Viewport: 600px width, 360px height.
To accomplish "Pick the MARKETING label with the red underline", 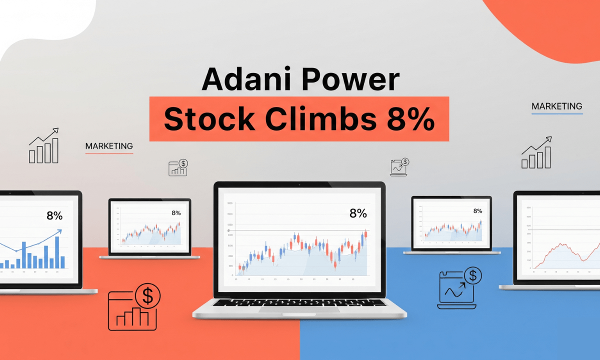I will [x=109, y=146].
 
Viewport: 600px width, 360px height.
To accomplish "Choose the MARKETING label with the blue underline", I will [x=556, y=106].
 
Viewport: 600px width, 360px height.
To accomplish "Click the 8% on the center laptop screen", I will [x=358, y=213].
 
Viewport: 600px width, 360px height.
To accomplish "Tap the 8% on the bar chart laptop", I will [x=54, y=216].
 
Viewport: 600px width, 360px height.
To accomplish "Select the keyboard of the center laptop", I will [x=299, y=302].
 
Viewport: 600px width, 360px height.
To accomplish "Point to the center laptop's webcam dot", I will [x=299, y=184].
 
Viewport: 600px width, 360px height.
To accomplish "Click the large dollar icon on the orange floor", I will [x=147, y=296].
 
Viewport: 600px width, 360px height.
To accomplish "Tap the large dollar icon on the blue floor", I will [x=472, y=275].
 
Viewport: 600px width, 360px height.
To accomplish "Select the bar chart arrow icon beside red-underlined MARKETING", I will [x=43, y=146].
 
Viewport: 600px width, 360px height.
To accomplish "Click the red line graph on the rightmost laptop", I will [x=562, y=252].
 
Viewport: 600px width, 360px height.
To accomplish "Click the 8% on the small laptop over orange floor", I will [x=176, y=213].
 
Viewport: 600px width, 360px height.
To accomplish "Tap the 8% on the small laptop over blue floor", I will [x=477, y=211].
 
